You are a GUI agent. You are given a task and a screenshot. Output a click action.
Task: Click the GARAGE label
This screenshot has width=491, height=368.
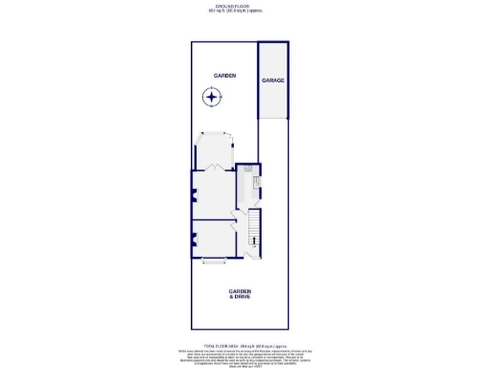coord(273,81)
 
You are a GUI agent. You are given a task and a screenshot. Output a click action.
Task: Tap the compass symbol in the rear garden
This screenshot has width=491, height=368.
coord(211,96)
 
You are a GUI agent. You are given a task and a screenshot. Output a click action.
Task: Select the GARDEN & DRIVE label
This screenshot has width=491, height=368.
coord(239,294)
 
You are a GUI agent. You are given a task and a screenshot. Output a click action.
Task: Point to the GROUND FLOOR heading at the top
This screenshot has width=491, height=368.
coord(245,5)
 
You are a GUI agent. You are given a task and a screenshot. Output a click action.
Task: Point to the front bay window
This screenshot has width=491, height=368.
coord(215,260)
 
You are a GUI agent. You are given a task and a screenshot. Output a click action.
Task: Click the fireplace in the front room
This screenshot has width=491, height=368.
coord(194,239)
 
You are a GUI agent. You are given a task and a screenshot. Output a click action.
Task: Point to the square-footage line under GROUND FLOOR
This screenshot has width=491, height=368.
coord(245,11)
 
